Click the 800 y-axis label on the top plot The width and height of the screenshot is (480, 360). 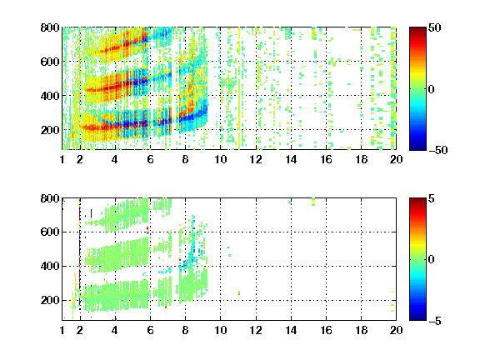click(50, 27)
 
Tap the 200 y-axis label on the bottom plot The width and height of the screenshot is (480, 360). click(50, 300)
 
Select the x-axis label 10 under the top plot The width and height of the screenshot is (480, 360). click(220, 159)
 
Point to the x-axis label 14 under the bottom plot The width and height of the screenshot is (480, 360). click(291, 330)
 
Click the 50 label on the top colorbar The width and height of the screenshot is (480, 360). click(435, 27)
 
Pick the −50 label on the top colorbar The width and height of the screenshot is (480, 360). click(438, 150)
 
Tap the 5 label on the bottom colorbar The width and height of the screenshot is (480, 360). click(432, 198)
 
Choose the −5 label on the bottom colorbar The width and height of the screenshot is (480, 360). click(435, 321)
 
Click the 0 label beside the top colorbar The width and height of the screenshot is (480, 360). click(432, 89)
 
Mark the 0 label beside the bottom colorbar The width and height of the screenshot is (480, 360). click(432, 260)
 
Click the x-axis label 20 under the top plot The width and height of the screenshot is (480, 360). click(396, 159)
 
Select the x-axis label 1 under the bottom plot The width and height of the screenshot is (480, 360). click(62, 330)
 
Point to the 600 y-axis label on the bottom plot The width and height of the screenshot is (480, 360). click(50, 232)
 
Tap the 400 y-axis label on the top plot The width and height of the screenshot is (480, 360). click(50, 96)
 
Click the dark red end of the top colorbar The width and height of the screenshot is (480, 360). click(417, 30)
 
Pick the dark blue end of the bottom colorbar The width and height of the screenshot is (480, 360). click(417, 317)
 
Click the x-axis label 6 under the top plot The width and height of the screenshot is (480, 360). click(150, 159)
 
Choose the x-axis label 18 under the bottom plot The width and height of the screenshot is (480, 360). click(361, 330)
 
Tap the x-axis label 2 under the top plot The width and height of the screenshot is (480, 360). click(80, 159)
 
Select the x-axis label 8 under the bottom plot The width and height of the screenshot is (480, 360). click(185, 330)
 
